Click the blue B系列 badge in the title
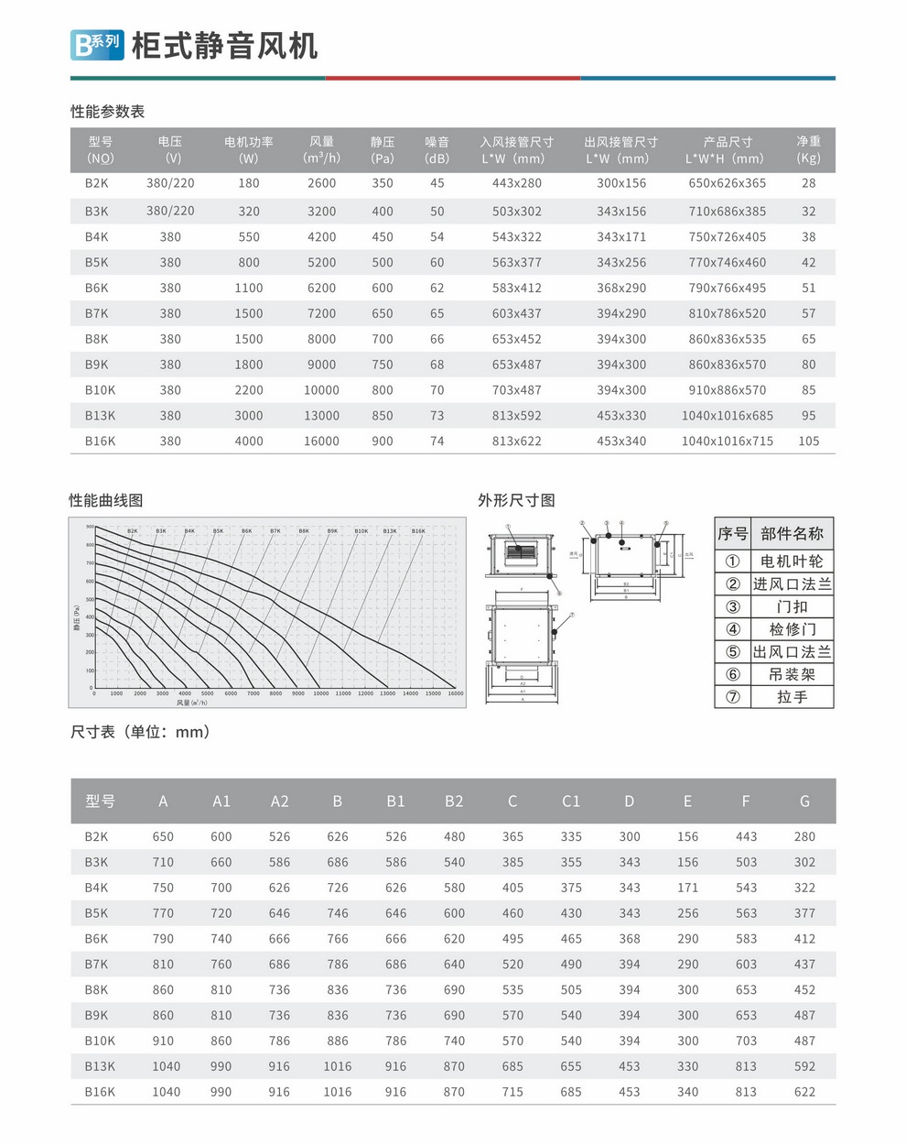pos(97,44)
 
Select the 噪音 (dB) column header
pos(437,149)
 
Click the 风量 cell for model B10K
pos(321,390)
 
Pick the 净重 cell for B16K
pos(808,442)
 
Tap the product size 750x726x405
pos(727,237)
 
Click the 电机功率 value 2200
pos(248,390)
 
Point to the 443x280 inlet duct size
pos(516,183)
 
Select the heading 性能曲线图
pos(106,500)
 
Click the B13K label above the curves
pos(390,531)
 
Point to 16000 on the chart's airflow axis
pos(456,693)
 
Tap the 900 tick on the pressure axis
pos(90,527)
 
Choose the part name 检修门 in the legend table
pos(792,629)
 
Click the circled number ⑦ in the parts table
pos(732,697)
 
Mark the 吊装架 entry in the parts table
pos(792,674)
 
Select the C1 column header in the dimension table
pos(570,801)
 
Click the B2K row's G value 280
pos(804,837)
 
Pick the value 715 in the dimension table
pos(512,1092)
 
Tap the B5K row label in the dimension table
pos(96,913)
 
